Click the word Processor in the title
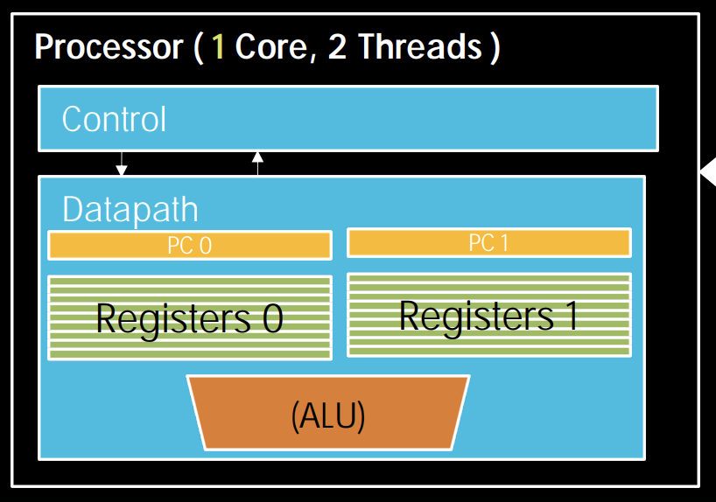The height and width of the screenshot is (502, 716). [108, 47]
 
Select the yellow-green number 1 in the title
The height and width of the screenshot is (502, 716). [219, 47]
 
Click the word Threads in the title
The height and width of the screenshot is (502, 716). [418, 47]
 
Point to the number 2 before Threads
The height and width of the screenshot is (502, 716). [337, 47]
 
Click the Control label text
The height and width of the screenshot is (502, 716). [114, 119]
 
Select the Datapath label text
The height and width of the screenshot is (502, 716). [130, 210]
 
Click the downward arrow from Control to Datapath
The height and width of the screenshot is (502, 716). [122, 164]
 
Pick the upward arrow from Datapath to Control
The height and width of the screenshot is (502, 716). [257, 163]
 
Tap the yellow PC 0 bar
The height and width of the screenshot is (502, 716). [189, 246]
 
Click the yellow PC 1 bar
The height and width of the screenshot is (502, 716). [488, 243]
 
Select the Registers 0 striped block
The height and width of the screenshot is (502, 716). [189, 317]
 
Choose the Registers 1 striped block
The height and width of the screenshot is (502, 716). [488, 315]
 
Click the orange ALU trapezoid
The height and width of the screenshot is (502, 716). [328, 413]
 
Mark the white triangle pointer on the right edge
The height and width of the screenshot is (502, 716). [708, 176]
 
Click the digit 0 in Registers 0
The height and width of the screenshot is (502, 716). [272, 318]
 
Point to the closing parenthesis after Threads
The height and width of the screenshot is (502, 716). [495, 48]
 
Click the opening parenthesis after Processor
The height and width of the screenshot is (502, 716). [198, 48]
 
